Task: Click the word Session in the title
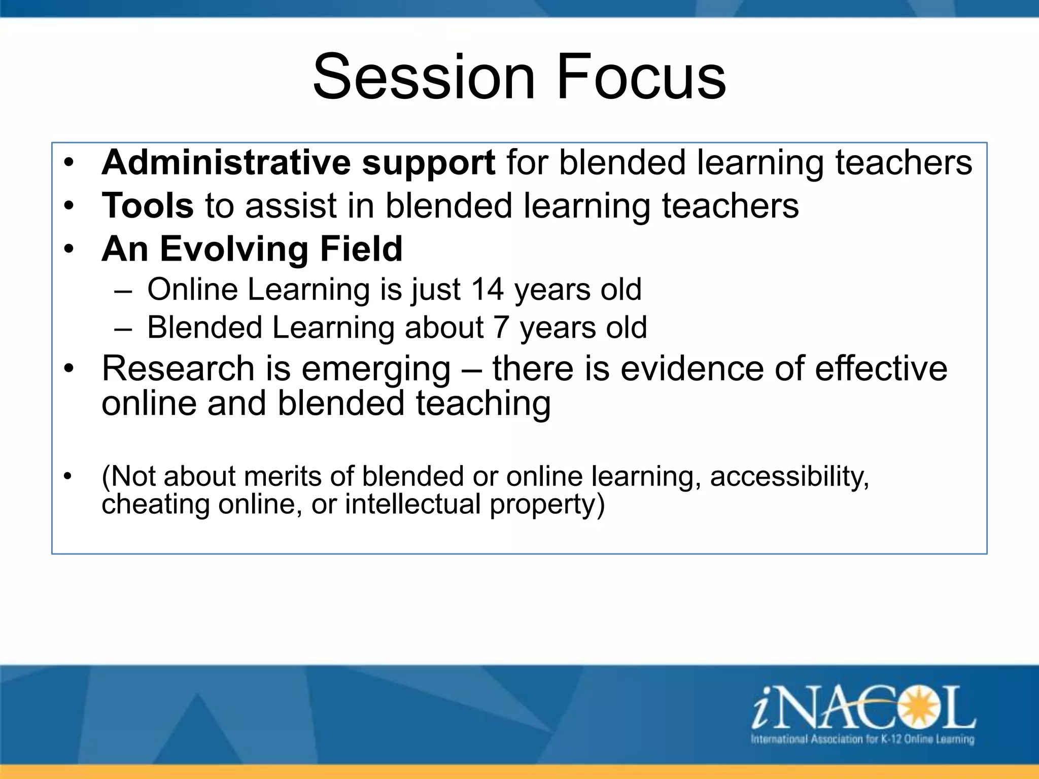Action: click(424, 77)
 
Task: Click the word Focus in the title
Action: click(641, 77)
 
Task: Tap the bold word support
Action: click(428, 163)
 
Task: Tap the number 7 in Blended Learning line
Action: click(501, 327)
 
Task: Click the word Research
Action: click(178, 368)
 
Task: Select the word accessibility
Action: click(789, 477)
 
